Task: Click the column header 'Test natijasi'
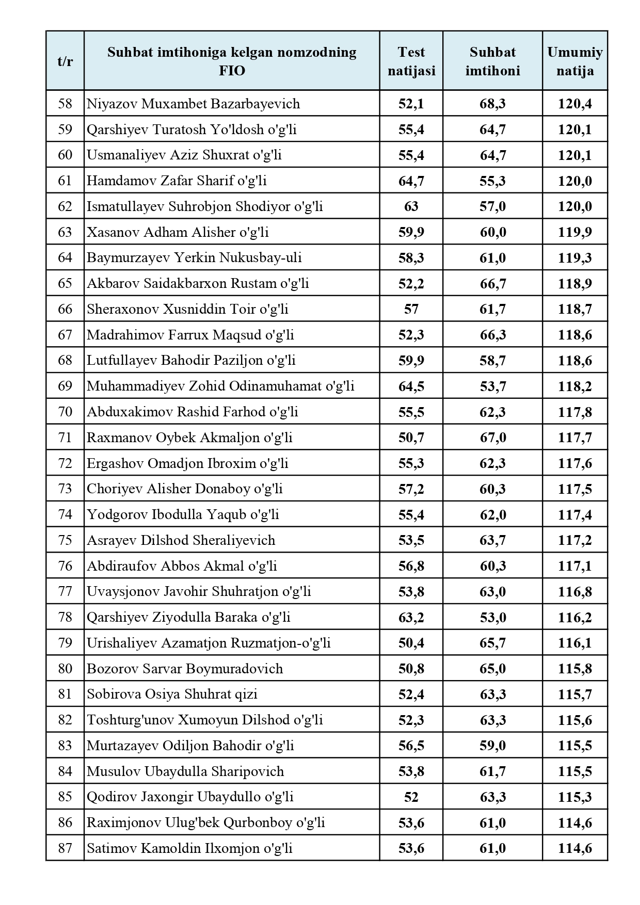(411, 61)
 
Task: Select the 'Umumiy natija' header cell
(574, 61)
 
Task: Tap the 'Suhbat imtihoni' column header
(492, 61)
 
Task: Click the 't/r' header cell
(65, 61)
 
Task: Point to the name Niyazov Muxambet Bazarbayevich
(193, 104)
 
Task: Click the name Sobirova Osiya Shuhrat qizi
(172, 694)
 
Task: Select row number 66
(65, 309)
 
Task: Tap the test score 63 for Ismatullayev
(411, 206)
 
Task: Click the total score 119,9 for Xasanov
(574, 232)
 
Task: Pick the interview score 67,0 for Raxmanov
(492, 438)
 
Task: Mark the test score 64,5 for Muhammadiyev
(411, 386)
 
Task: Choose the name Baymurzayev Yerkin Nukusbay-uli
(194, 257)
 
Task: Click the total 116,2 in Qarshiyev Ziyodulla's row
(574, 618)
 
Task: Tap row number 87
(65, 848)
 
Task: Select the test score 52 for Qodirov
(411, 797)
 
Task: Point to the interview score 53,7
(492, 386)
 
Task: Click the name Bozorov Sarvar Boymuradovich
(185, 669)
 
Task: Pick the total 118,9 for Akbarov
(574, 283)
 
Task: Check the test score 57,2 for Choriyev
(411, 489)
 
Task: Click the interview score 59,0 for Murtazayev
(492, 746)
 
